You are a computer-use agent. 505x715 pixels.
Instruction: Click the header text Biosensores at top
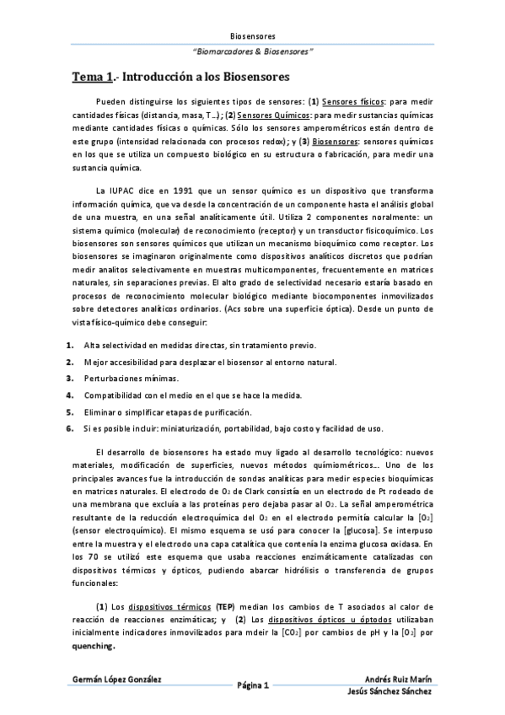(x=252, y=36)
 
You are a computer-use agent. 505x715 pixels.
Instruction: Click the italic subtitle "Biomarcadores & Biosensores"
(x=253, y=51)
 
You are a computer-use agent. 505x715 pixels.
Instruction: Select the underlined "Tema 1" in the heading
(x=92, y=77)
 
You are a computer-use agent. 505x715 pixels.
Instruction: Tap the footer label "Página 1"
(x=252, y=685)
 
